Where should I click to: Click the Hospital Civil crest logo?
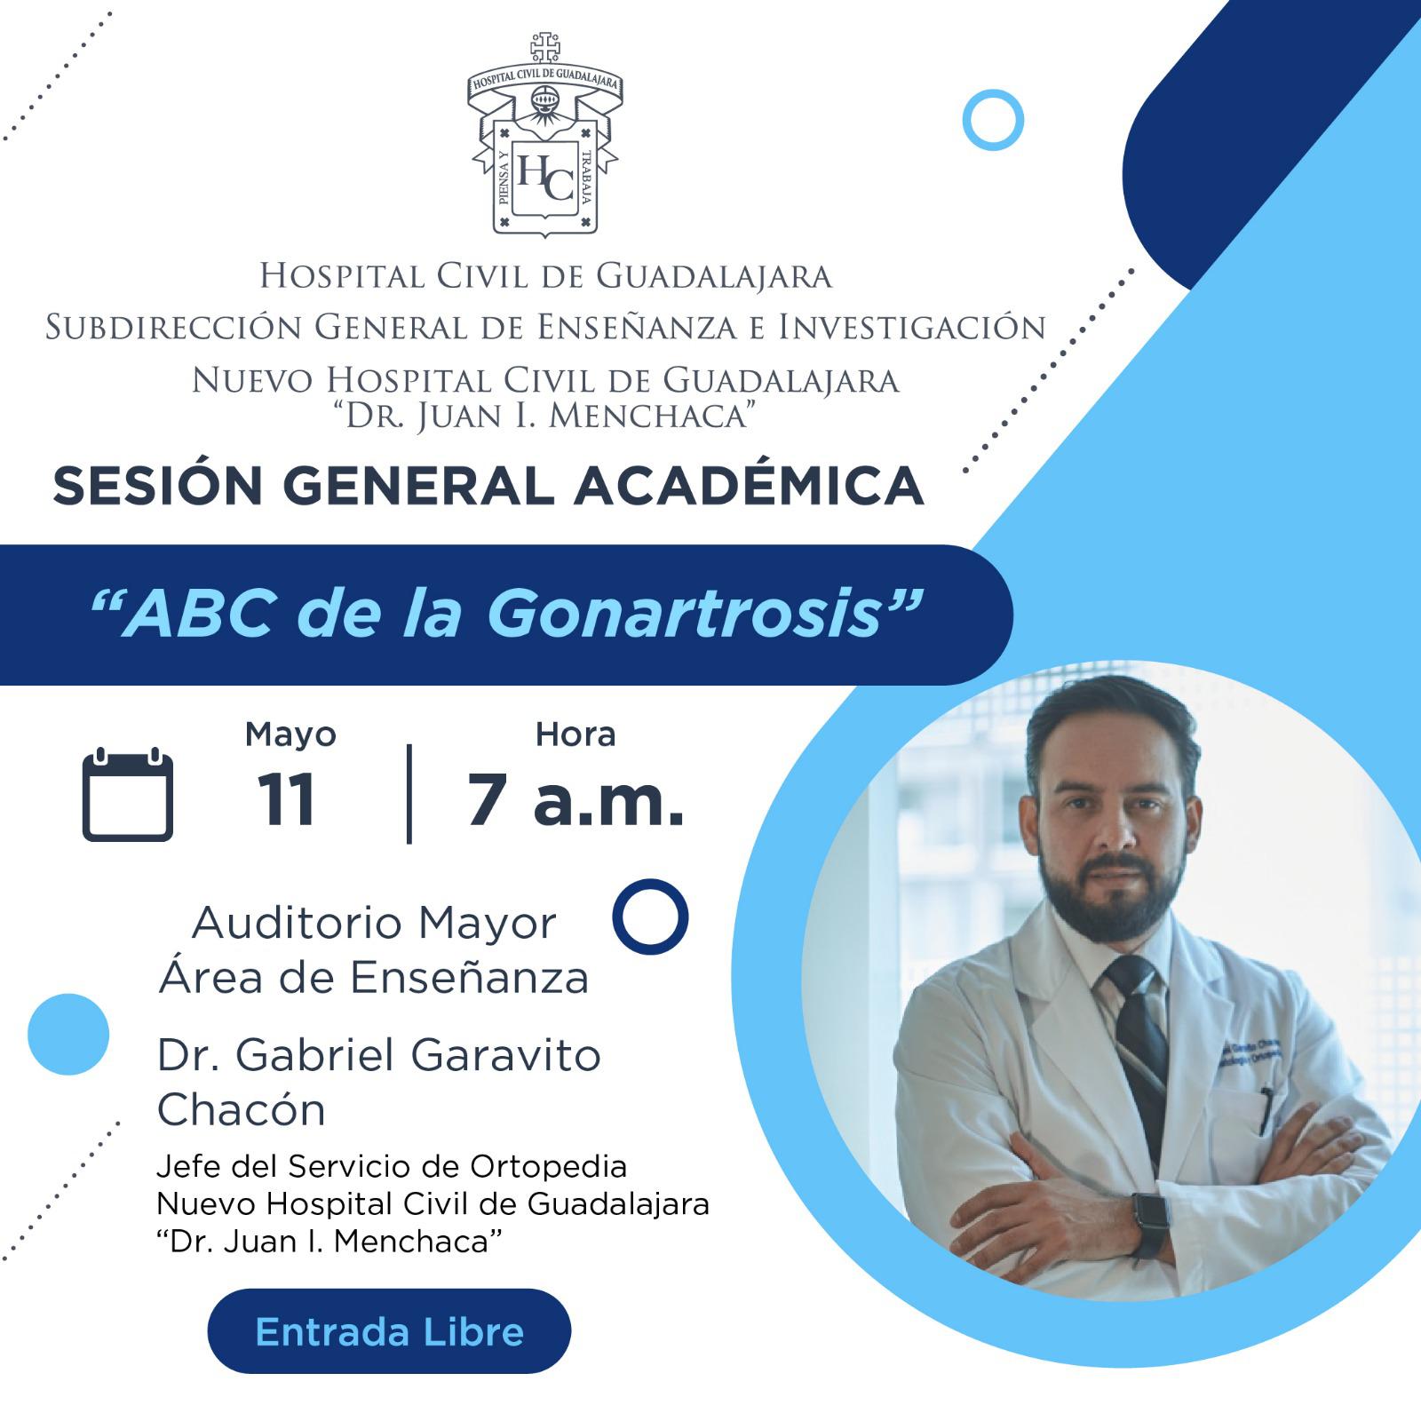click(544, 135)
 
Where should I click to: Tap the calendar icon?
click(128, 794)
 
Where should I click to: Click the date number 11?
click(286, 799)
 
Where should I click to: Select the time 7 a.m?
click(576, 799)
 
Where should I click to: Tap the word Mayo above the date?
click(290, 734)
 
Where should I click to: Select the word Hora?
click(576, 734)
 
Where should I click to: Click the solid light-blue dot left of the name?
click(68, 1034)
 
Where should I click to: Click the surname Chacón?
click(242, 1109)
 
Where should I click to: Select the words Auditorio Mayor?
click(374, 923)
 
